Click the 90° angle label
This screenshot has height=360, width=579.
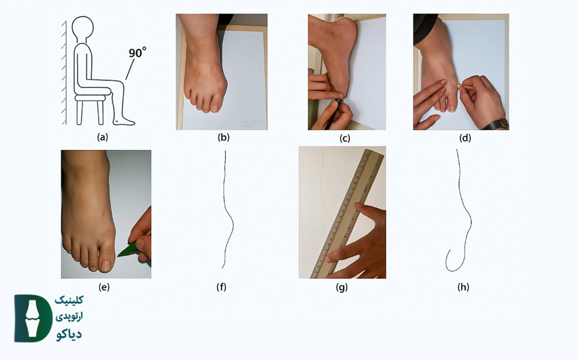[x=137, y=53]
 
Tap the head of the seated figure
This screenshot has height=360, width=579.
[x=82, y=28]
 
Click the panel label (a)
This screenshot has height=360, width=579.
[x=102, y=137]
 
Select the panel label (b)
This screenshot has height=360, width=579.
[x=223, y=137]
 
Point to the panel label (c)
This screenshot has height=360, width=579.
[x=345, y=138]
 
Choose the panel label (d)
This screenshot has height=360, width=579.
[x=465, y=138]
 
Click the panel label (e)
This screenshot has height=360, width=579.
[x=104, y=287]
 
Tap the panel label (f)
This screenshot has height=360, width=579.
[x=221, y=287]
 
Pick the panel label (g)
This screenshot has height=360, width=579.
[x=342, y=287]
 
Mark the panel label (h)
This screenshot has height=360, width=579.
[x=463, y=287]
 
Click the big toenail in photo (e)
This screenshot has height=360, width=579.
[x=105, y=265]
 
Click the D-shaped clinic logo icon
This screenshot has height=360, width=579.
[x=33, y=318]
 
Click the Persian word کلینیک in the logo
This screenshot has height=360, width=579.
[x=69, y=300]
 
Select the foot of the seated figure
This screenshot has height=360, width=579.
[x=124, y=120]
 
